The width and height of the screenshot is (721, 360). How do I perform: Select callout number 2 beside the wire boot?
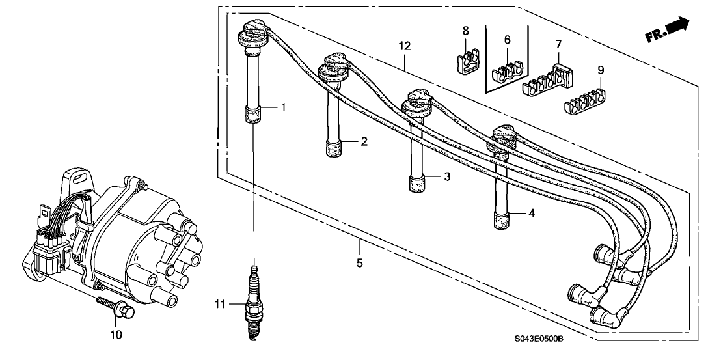[x=365, y=141]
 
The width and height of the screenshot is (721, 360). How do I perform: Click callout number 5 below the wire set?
[x=360, y=264]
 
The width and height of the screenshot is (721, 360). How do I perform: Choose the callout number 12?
[x=405, y=46]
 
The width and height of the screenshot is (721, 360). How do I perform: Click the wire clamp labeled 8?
[x=465, y=57]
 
